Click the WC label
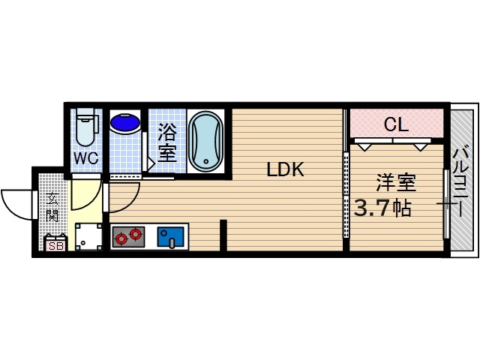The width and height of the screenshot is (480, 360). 87,158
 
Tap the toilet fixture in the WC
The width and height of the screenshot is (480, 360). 87,127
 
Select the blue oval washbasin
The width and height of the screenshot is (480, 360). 125,123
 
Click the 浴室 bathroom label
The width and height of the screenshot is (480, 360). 167,144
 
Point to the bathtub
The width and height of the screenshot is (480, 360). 205,142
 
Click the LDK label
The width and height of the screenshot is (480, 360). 285,169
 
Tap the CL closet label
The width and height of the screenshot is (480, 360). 396,124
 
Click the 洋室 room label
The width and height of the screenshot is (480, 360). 396,183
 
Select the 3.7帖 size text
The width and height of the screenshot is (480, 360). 382,208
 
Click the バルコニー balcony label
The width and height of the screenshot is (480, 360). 462,181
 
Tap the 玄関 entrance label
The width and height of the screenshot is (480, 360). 52,208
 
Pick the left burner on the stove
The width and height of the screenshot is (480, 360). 121,238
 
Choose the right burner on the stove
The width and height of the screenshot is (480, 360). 135,234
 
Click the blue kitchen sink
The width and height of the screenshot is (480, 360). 170,237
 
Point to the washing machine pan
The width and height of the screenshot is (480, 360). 88,237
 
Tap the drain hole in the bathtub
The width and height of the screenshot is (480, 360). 206,161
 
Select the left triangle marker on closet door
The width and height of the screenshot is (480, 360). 364,147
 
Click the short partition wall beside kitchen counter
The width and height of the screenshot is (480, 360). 223,235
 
